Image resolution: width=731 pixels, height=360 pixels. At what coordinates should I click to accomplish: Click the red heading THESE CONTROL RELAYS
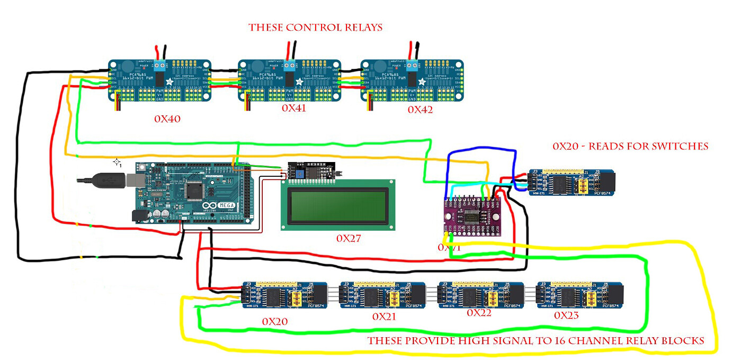[x=316, y=28]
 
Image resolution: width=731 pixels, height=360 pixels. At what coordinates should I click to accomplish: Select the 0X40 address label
[x=167, y=119]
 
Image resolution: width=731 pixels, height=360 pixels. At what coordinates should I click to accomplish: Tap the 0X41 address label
[x=294, y=107]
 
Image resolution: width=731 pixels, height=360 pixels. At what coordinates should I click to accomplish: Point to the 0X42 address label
[x=420, y=110]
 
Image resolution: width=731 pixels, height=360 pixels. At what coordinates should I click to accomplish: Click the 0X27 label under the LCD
[x=349, y=238]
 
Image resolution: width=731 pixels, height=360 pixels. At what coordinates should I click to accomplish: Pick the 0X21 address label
[x=384, y=317]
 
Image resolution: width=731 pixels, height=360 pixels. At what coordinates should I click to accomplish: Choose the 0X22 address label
[x=479, y=313]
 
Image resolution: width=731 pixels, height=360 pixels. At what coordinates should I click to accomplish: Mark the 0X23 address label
[x=566, y=315]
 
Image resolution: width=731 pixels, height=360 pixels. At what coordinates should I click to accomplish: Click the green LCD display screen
[x=338, y=204]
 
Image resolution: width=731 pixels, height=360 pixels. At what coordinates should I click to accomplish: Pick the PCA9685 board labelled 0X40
[x=159, y=80]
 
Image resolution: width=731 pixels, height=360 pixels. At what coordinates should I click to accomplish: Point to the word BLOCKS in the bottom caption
[x=683, y=341]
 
